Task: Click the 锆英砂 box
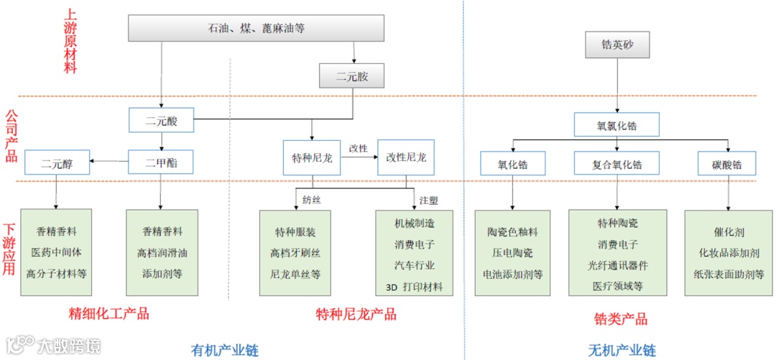pos(617,46)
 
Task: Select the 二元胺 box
pos(352,76)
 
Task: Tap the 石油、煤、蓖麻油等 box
pos(257,29)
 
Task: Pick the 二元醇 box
pos(57,162)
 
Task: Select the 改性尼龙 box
pos(406,158)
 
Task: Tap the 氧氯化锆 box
pos(617,126)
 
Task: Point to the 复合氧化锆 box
pos(618,163)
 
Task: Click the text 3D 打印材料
pos(414,287)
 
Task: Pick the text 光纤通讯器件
pos(617,265)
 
